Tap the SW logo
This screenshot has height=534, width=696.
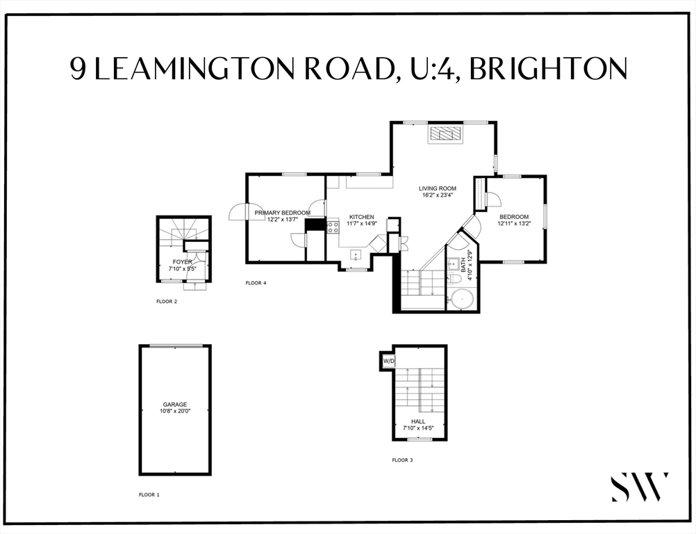(x=640, y=487)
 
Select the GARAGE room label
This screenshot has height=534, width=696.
(x=175, y=404)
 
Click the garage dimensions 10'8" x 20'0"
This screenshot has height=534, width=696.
(x=175, y=411)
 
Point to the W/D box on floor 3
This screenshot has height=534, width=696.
(x=388, y=361)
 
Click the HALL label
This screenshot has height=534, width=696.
(x=418, y=421)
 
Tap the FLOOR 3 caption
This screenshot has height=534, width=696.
(x=402, y=460)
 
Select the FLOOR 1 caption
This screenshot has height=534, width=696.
(x=149, y=494)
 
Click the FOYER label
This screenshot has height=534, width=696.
(x=182, y=262)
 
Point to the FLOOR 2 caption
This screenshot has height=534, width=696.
(x=167, y=302)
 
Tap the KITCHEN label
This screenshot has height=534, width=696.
(x=362, y=217)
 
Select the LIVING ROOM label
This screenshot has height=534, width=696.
(x=437, y=188)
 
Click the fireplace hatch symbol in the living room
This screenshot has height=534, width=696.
(x=445, y=133)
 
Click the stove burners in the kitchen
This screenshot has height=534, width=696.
(x=333, y=227)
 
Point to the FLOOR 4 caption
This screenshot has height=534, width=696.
(x=256, y=283)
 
